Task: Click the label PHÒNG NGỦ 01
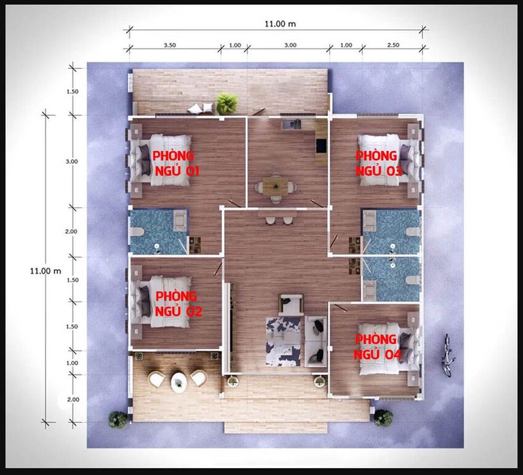click(x=176, y=163)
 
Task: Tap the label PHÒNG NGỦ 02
click(x=178, y=304)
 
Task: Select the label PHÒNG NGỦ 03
click(x=379, y=163)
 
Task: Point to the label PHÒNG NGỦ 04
click(x=378, y=347)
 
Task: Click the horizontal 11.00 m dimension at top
click(x=280, y=23)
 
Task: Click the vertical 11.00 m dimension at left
click(x=46, y=271)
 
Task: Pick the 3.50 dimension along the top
click(x=170, y=45)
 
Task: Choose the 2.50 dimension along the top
click(x=393, y=45)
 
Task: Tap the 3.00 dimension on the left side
click(x=72, y=161)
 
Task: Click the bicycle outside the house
click(x=447, y=355)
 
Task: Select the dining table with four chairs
click(x=275, y=187)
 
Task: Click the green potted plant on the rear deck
click(x=227, y=104)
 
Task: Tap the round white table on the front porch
click(x=179, y=382)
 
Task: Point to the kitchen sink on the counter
click(x=291, y=124)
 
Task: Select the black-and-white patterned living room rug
click(x=284, y=341)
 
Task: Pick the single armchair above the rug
click(x=291, y=304)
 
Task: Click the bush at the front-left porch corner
click(x=118, y=420)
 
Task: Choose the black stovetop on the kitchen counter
click(x=321, y=145)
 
